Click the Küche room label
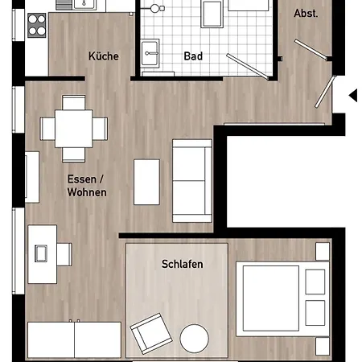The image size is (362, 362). point(104,56)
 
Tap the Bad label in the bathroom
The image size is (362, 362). point(193,56)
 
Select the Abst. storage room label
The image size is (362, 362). point(306,13)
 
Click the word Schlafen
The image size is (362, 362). point(183,264)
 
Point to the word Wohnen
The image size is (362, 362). point(87,192)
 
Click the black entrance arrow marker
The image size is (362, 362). point(353,95)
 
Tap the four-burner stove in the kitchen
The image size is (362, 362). point(37,25)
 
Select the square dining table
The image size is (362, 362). point(74,129)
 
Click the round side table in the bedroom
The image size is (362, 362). point(195,339)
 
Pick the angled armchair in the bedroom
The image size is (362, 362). point(151,334)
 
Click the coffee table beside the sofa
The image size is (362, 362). point(146,182)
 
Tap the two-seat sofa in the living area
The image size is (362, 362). point(192,181)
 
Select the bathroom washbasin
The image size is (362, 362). point(150,53)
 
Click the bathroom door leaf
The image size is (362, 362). point(247,67)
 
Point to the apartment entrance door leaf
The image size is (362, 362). point(325,92)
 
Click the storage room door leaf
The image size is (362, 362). point(311,50)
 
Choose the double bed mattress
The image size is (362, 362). point(271,298)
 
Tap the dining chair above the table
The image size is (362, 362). point(74,102)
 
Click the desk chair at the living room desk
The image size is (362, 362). point(64,254)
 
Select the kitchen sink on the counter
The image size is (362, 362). point(84,5)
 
